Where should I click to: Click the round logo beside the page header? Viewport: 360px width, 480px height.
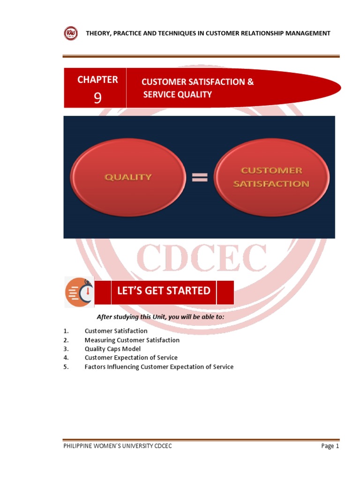click(71, 33)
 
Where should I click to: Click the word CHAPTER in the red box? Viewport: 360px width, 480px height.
click(97, 80)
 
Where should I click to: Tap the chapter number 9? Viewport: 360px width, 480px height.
click(97, 98)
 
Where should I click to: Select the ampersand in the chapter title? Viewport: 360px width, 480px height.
click(250, 82)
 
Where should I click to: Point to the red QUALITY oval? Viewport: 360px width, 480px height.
click(127, 177)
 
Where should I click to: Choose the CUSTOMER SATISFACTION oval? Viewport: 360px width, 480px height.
click(271, 177)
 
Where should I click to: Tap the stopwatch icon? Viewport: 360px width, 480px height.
click(79, 292)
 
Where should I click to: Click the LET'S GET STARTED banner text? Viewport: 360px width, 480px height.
click(164, 291)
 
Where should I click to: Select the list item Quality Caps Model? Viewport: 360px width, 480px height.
click(112, 349)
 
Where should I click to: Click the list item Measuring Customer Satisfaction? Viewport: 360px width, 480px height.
click(132, 340)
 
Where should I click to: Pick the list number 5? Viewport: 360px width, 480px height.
click(66, 367)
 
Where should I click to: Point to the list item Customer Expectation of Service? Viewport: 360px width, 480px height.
click(131, 358)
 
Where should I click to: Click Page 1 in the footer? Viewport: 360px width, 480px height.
click(330, 446)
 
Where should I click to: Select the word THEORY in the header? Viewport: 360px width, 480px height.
click(97, 33)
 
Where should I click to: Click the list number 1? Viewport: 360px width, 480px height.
click(66, 331)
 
